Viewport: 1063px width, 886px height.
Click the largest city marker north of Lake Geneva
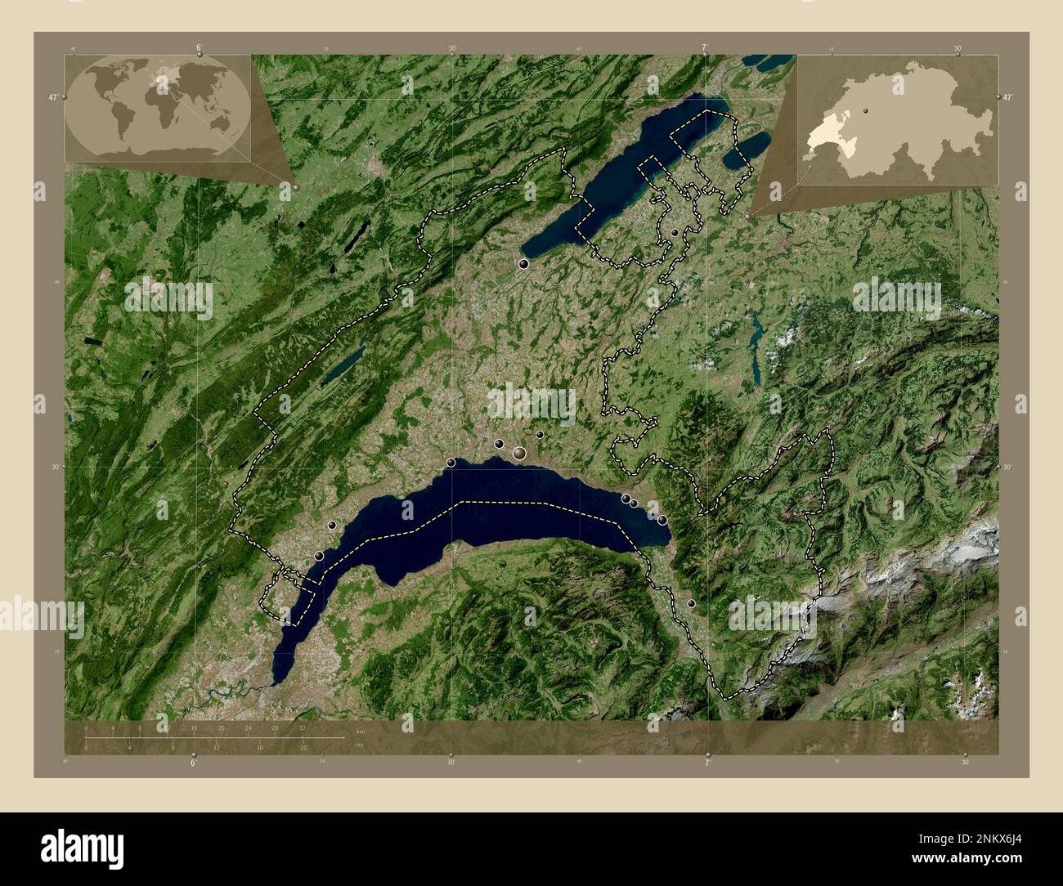point(519,453)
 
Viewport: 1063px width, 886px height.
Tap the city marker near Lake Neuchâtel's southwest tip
point(523,264)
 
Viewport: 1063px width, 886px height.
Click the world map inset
point(159,105)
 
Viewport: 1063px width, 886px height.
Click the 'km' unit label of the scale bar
point(360,730)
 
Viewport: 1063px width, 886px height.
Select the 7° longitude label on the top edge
point(705,47)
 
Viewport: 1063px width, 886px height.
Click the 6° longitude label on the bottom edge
point(193,763)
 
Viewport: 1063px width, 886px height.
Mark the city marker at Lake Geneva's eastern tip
point(662,520)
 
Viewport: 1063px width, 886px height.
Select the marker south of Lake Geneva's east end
point(691,603)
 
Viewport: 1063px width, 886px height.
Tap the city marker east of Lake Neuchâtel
point(674,233)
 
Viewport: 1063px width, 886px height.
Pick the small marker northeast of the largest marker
point(540,435)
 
